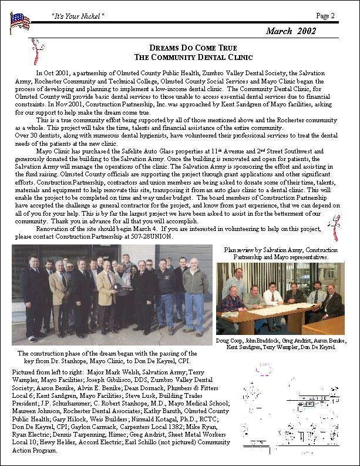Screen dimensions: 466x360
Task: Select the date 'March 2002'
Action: [291, 31]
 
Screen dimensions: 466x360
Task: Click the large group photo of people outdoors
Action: [112, 294]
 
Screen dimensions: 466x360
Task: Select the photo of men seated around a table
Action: [280, 299]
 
